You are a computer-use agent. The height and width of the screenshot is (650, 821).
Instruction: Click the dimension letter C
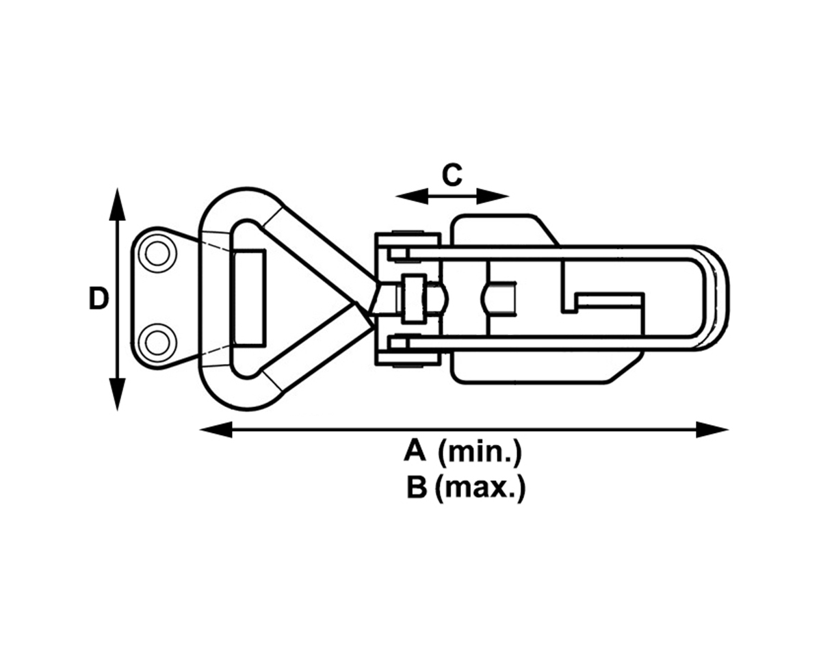[452, 175]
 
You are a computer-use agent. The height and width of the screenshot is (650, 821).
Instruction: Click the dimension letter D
[99, 299]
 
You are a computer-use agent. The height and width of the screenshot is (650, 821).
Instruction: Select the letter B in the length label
[416, 489]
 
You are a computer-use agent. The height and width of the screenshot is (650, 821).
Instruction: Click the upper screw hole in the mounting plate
[157, 254]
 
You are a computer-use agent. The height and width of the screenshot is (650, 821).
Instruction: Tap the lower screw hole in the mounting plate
[157, 340]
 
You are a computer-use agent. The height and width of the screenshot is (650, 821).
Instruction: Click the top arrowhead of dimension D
[118, 203]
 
